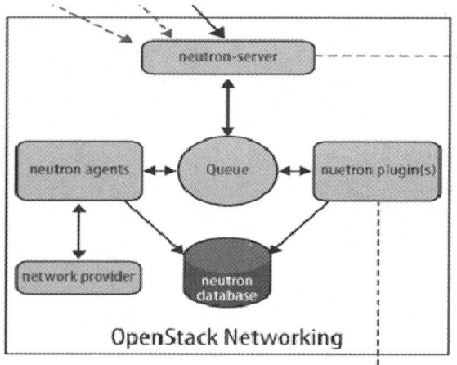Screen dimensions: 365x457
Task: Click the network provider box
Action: (77, 276)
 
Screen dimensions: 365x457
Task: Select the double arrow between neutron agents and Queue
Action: (160, 172)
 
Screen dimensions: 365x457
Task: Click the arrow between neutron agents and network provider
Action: (78, 230)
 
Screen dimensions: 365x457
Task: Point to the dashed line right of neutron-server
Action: (384, 56)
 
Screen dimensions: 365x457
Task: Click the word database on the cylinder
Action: (228, 293)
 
